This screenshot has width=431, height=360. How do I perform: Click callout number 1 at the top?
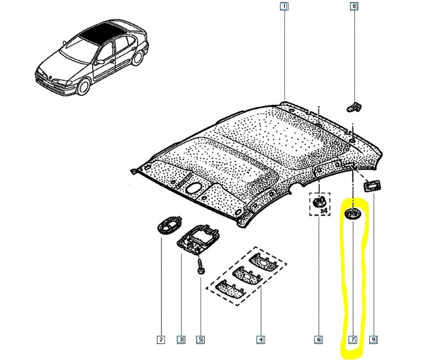point(284,7)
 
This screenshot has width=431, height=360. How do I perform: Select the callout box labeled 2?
point(161,340)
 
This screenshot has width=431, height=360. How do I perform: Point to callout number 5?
point(201,340)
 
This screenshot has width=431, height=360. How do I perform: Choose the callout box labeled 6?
point(318,340)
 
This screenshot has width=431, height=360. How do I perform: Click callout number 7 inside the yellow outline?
point(353,340)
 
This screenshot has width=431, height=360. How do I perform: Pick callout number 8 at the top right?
point(354,7)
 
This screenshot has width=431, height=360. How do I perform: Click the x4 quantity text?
point(324,211)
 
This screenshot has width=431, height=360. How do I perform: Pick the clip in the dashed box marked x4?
point(320,200)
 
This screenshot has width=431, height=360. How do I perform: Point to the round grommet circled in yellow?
point(353,214)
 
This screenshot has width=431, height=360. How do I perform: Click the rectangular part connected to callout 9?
point(372,186)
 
